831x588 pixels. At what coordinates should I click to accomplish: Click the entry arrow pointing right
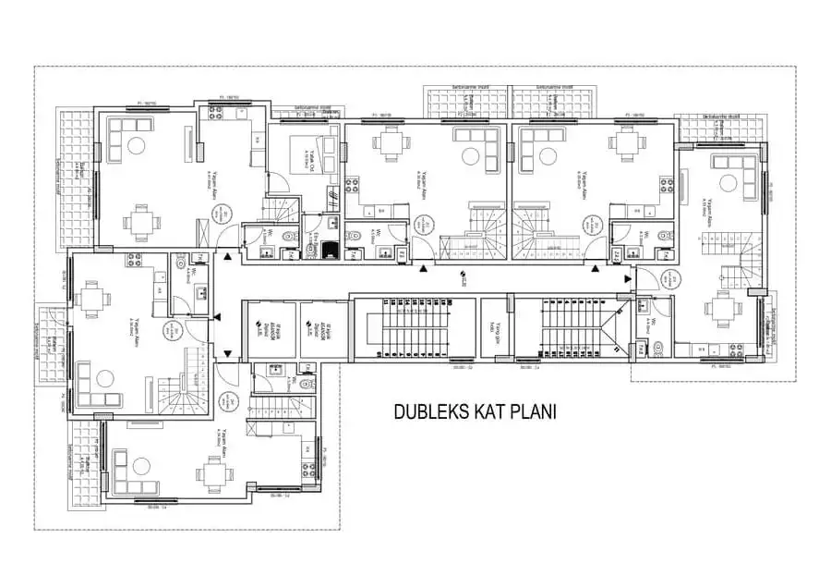(x=628, y=276)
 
